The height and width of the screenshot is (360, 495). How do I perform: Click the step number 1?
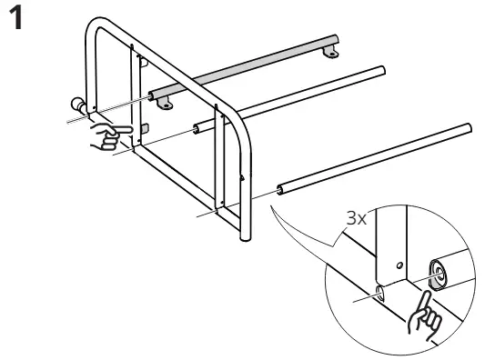[x=15, y=18]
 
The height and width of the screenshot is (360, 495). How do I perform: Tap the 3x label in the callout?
[x=357, y=218]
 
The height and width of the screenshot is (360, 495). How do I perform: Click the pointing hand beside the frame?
[x=110, y=136]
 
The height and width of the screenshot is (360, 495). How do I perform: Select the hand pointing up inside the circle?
[x=424, y=316]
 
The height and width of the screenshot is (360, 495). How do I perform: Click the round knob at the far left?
[x=76, y=105]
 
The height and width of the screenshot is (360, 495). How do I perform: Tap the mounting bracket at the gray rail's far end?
[x=330, y=52]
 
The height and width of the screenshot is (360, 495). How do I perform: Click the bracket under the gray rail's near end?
[x=165, y=103]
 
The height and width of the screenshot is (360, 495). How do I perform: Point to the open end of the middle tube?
[x=196, y=129]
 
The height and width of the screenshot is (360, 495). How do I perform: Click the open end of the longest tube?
[x=280, y=190]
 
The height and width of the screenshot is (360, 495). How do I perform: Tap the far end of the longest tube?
[x=470, y=128]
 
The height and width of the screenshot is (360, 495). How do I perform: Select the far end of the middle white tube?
[x=382, y=70]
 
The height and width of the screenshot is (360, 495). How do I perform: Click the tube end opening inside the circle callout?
[x=438, y=275]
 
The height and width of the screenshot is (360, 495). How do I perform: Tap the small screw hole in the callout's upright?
[x=399, y=265]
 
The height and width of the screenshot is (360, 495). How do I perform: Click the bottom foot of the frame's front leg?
[x=246, y=237]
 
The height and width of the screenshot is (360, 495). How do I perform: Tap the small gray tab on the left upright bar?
[x=145, y=128]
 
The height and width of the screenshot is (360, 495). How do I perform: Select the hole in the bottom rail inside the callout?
[x=380, y=293]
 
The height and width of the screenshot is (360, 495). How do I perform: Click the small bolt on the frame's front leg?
[x=242, y=178]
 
